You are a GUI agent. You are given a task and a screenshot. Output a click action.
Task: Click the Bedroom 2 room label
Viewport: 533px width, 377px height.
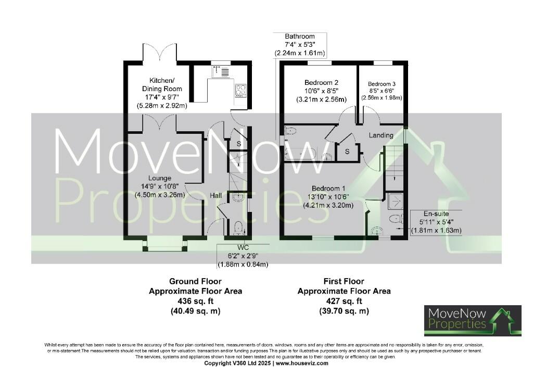pyautogui.click(x=321, y=82)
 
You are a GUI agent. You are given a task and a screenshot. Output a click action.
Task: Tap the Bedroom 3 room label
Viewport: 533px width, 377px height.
pyautogui.click(x=382, y=84)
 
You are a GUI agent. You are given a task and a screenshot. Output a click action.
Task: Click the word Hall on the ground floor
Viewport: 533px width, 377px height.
pyautogui.click(x=216, y=195)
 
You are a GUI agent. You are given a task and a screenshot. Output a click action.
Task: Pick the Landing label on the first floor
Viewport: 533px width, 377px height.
pyautogui.click(x=381, y=135)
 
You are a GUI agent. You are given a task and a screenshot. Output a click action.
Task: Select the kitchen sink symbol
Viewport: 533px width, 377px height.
pyautogui.click(x=222, y=71)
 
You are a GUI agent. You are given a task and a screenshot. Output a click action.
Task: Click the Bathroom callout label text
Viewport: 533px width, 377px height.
pyautogui.click(x=299, y=36)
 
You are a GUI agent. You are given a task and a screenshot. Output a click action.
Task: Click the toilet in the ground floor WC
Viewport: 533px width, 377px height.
pyautogui.click(x=238, y=227)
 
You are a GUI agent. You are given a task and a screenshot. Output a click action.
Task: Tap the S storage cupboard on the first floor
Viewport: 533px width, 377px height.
pyautogui.click(x=347, y=152)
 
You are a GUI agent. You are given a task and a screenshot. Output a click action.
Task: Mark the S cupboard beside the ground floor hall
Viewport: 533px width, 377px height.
pyautogui.click(x=239, y=144)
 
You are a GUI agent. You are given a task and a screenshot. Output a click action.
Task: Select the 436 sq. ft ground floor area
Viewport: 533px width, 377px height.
pyautogui.click(x=195, y=301)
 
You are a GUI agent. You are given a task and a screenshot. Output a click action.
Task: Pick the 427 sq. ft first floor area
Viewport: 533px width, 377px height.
pyautogui.click(x=344, y=301)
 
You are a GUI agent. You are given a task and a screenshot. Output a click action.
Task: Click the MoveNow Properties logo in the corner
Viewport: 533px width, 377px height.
pyautogui.click(x=472, y=320)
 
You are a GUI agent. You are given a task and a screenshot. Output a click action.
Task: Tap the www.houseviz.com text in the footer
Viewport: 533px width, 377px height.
pyautogui.click(x=301, y=363)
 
